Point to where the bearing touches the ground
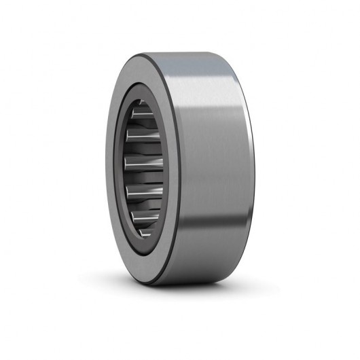[170, 283]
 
